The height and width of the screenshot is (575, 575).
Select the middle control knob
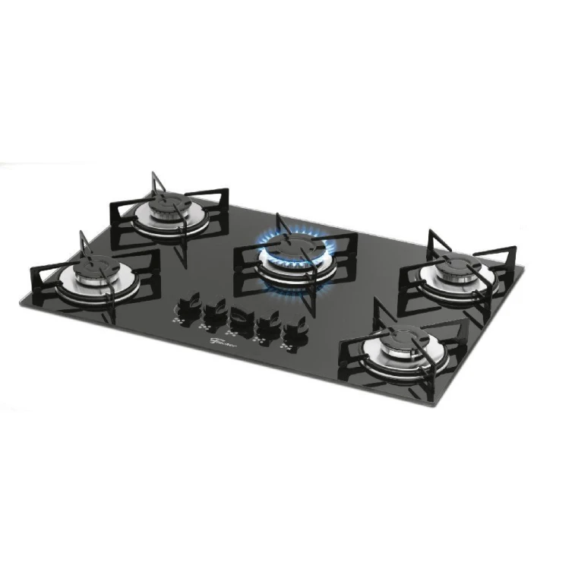tap(240, 318)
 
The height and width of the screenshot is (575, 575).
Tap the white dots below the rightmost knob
tap(289, 349)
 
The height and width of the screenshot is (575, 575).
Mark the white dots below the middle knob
tap(232, 335)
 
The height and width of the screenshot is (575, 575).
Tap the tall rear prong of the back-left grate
tap(153, 182)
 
